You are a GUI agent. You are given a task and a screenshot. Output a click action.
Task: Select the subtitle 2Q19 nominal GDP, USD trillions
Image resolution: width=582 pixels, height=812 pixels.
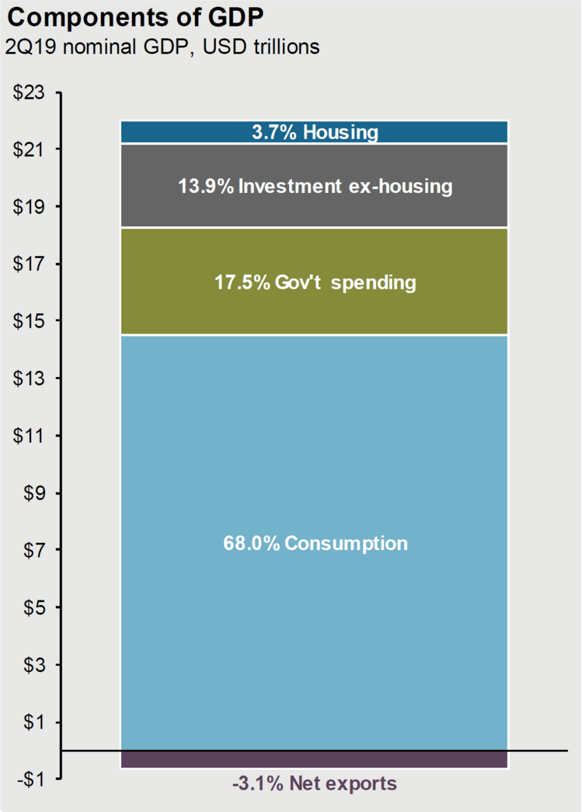[162, 47]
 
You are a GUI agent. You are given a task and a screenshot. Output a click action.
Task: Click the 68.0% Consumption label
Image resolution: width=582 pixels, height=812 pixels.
[315, 543]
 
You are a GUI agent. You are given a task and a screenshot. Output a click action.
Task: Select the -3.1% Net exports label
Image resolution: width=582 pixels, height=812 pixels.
[315, 783]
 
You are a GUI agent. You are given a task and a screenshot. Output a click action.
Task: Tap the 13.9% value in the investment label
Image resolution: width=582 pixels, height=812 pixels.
[204, 187]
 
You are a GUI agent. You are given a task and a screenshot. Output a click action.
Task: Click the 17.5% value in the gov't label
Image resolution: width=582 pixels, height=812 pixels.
[242, 282]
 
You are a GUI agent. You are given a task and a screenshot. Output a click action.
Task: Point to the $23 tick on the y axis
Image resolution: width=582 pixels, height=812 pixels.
[30, 93]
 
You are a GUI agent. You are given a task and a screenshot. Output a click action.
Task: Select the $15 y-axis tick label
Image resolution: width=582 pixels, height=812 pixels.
[30, 321]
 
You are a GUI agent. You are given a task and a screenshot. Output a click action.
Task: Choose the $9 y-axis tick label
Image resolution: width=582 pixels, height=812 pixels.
[34, 493]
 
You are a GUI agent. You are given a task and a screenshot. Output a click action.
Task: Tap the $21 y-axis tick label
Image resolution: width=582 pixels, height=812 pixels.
[30, 149]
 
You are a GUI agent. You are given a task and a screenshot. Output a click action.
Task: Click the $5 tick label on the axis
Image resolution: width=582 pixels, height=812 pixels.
[34, 607]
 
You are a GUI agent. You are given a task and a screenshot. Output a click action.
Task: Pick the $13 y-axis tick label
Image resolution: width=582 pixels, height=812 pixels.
[30, 379]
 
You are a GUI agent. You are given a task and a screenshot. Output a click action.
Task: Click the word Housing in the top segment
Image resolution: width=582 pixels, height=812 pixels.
[340, 132]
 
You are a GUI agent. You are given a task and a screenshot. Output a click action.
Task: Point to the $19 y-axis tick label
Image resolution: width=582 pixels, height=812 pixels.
[30, 207]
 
